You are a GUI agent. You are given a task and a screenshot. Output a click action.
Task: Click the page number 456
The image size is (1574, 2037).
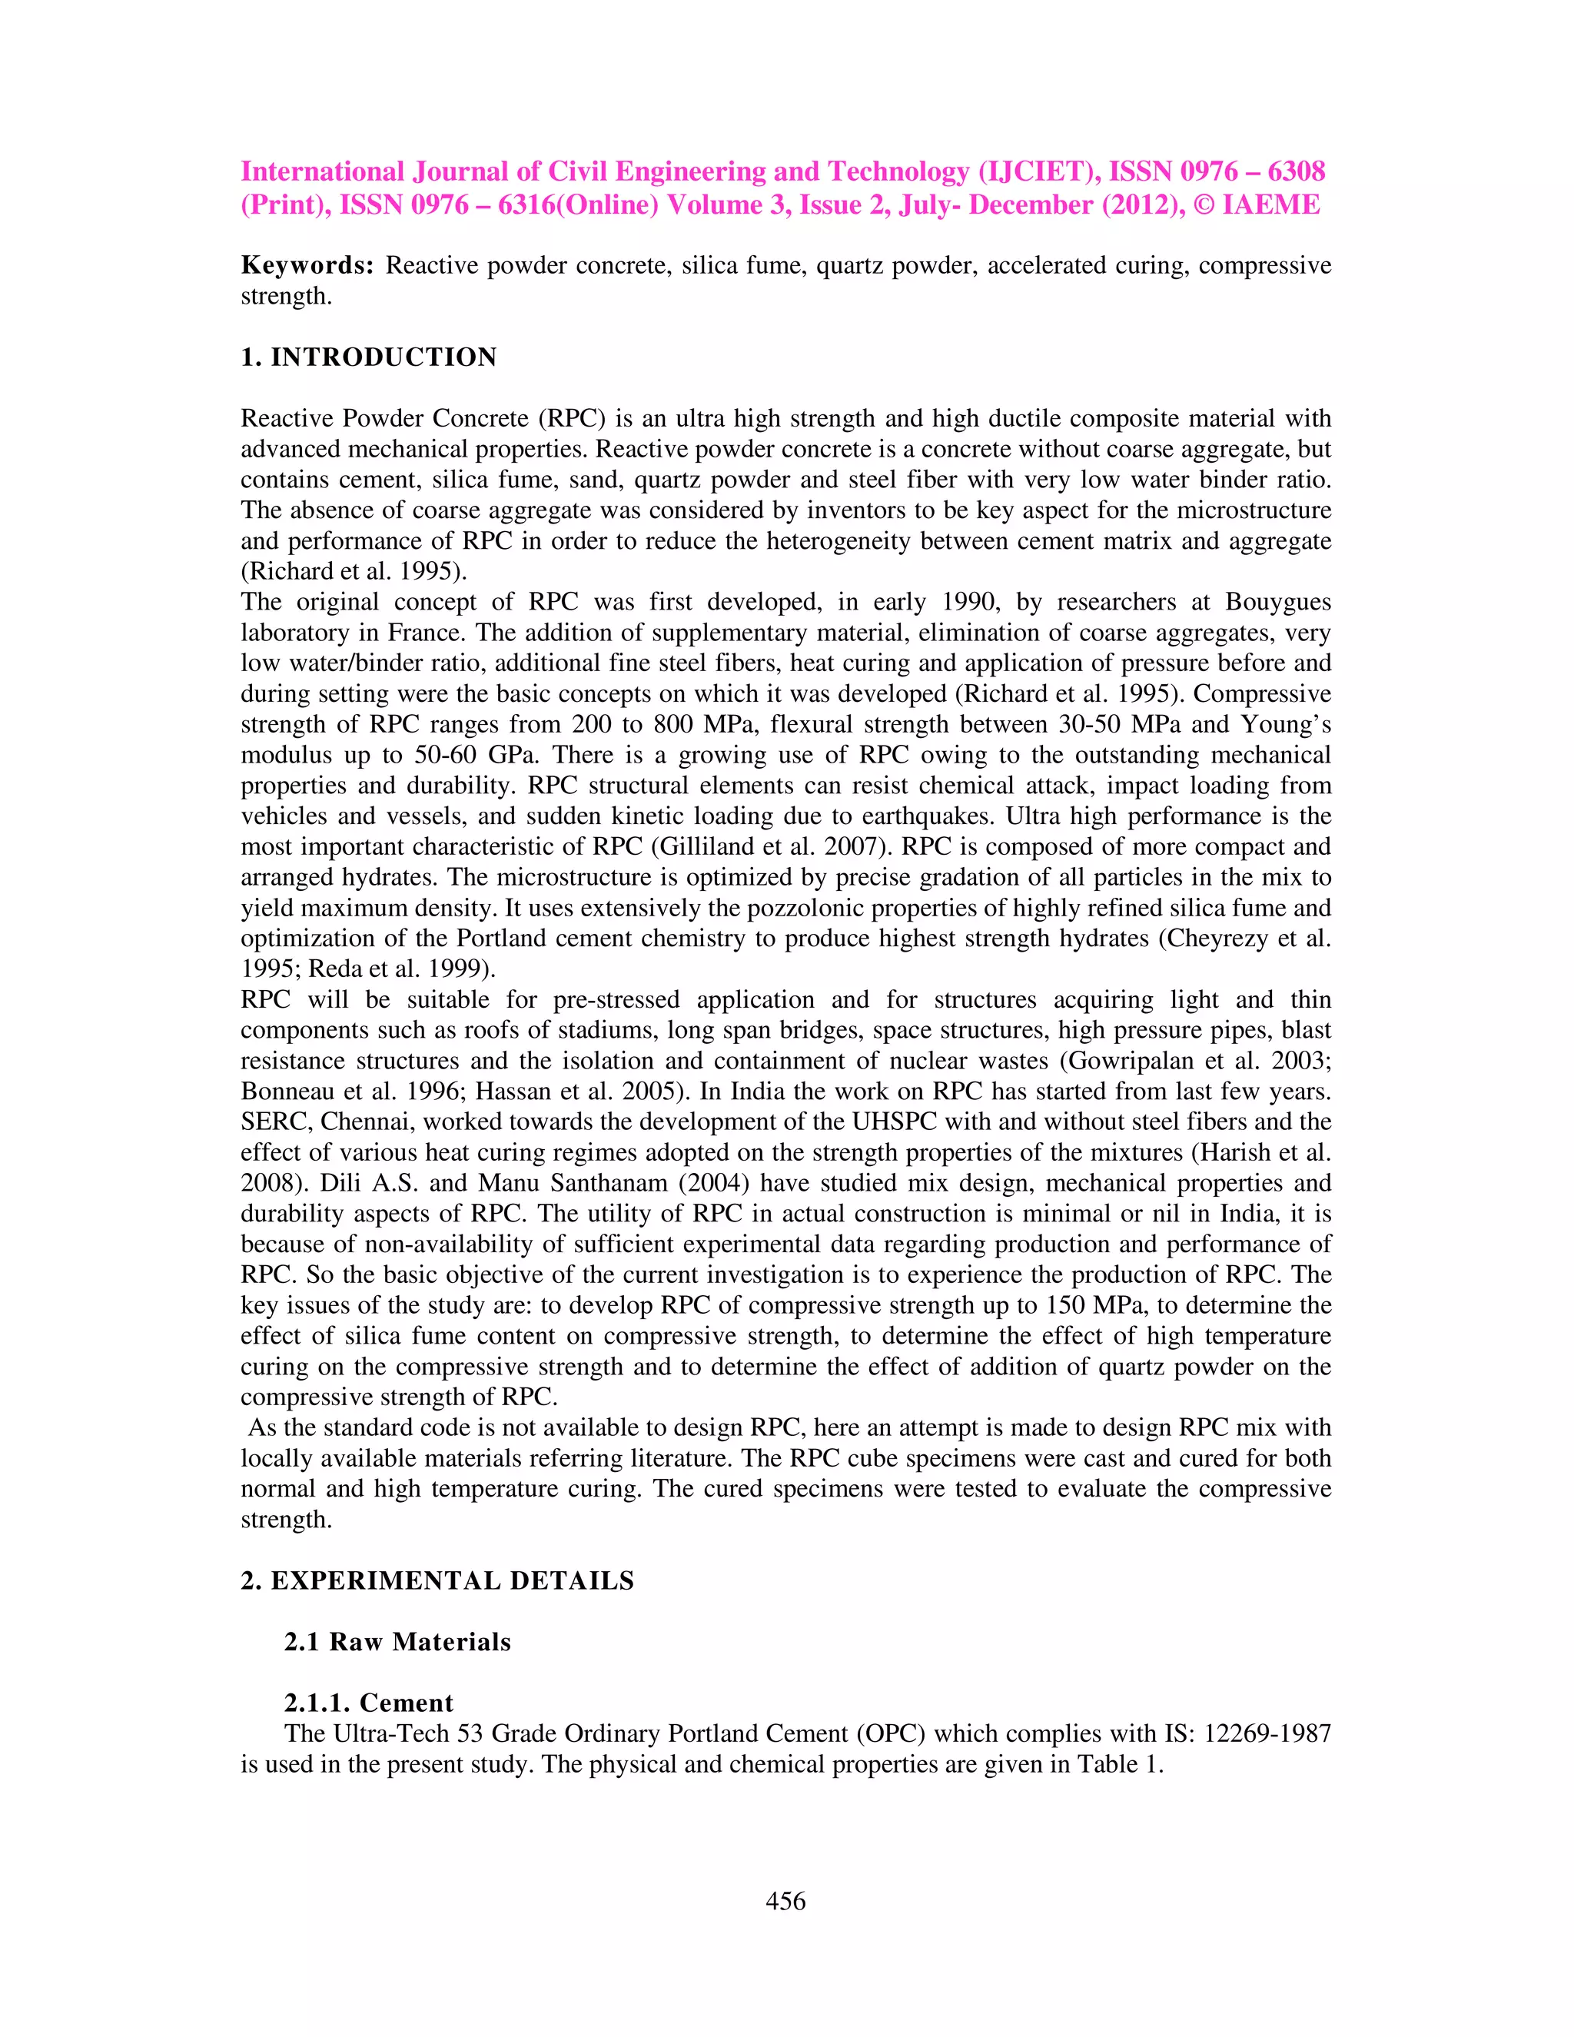785,1901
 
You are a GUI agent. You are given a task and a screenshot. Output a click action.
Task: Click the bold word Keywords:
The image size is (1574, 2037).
307,266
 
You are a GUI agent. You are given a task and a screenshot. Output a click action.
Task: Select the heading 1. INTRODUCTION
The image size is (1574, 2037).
368,357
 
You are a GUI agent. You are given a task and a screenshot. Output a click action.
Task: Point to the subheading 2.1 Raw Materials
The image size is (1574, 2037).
397,1642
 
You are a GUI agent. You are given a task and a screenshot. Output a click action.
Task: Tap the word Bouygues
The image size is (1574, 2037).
1277,602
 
